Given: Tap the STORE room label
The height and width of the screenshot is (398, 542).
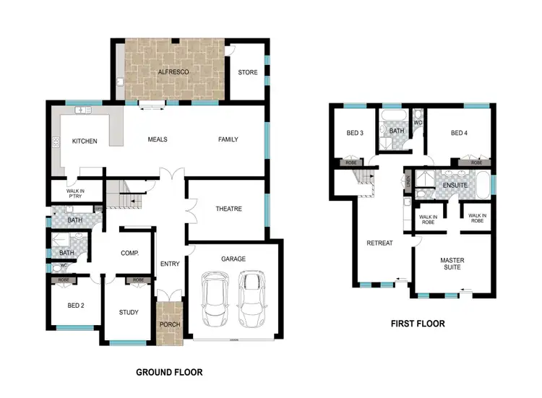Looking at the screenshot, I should (248, 72).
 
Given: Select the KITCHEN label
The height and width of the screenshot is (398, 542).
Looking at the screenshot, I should (84, 141).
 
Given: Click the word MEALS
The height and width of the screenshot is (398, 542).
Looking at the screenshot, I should (158, 139).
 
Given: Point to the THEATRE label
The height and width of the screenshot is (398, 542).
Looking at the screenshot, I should (228, 209).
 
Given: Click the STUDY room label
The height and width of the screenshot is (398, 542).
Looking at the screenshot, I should (129, 312).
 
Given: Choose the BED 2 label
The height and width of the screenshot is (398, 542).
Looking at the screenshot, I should (76, 305).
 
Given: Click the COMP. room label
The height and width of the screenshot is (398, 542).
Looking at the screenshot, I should (129, 253).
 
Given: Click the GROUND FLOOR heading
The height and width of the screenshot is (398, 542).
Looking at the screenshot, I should (169, 373).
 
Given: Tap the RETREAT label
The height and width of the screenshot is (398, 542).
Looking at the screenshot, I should (379, 243).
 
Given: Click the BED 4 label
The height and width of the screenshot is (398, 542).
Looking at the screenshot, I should (460, 133).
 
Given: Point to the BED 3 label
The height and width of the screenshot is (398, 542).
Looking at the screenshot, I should (354, 133).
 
